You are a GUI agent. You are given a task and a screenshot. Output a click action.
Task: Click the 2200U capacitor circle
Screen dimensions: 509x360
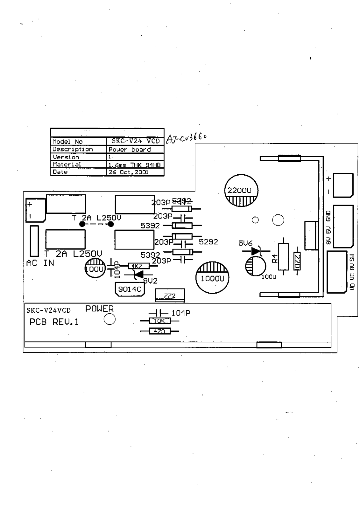pyautogui.click(x=241, y=191)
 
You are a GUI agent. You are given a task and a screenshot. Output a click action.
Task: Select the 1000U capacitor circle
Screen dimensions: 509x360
pyautogui.click(x=212, y=278)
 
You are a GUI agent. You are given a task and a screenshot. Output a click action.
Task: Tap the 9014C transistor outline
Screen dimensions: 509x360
pyautogui.click(x=130, y=289)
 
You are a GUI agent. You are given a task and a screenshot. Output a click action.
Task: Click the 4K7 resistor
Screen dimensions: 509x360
pyautogui.click(x=137, y=266)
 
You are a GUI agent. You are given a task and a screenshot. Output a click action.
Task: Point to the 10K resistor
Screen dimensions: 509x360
pyautogui.click(x=160, y=321)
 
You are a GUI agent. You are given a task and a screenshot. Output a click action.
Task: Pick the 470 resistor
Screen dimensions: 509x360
pyautogui.click(x=159, y=331)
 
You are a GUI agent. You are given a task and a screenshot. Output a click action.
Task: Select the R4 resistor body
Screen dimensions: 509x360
pyautogui.click(x=283, y=256)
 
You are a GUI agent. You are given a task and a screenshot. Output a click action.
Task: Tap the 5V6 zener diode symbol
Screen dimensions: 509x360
pyautogui.click(x=256, y=251)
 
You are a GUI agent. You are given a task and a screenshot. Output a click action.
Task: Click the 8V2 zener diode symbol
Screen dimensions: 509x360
pyautogui.click(x=138, y=274)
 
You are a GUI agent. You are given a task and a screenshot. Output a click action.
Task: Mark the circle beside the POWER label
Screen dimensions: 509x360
pyautogui.click(x=109, y=320)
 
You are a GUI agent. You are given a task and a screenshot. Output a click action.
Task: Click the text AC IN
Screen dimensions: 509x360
pyautogui.click(x=40, y=263)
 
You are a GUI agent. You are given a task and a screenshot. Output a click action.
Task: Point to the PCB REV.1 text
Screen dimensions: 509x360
pyautogui.click(x=54, y=322)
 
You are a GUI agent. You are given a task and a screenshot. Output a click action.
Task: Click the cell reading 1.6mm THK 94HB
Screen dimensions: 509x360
pyautogui.click(x=135, y=165)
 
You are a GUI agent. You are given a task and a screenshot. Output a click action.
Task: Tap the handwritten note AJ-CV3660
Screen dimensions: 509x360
pyautogui.click(x=186, y=139)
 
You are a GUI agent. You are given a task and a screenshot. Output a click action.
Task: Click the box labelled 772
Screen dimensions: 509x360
pyautogui.click(x=170, y=296)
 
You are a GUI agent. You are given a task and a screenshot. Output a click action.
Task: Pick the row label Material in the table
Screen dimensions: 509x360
pyautogui.click(x=67, y=164)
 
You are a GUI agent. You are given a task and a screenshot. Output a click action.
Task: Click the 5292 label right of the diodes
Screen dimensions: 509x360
pyautogui.click(x=208, y=242)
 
